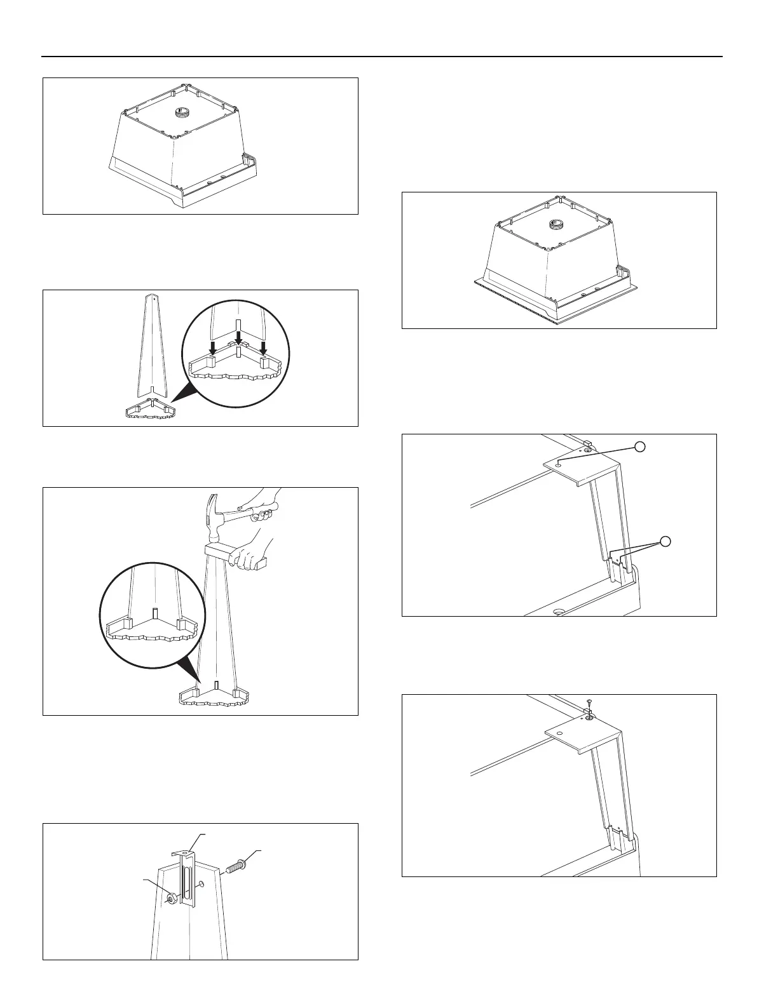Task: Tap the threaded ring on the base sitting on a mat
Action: (557, 225)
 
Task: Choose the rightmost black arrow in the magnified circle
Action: (263, 346)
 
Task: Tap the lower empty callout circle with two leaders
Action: (664, 541)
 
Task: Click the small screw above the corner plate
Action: (589, 702)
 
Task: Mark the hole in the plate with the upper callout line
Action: (558, 465)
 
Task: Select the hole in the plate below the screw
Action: (559, 733)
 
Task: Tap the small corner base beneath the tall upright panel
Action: (151, 412)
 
